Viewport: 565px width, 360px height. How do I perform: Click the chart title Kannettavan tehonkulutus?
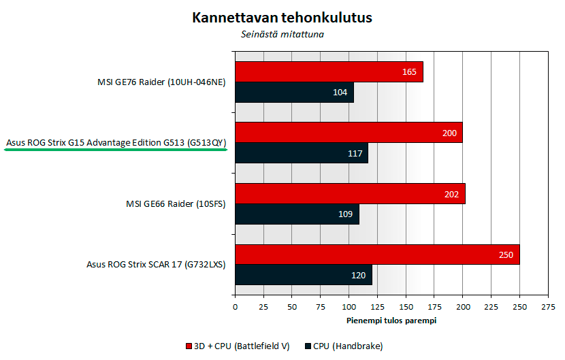[x=282, y=17]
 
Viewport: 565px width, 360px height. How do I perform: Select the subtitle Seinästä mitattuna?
[x=282, y=34]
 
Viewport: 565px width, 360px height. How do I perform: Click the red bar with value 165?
[x=329, y=71]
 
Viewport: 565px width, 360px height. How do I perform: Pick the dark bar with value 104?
[x=294, y=93]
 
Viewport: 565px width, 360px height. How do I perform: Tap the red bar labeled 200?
[x=349, y=133]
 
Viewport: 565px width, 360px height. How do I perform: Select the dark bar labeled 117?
[x=302, y=153]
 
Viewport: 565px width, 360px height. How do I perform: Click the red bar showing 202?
[x=351, y=194]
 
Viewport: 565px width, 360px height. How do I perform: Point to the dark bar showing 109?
[x=297, y=214]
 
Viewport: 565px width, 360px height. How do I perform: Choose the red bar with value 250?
[x=377, y=255]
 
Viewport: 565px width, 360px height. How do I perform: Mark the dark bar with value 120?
[x=304, y=275]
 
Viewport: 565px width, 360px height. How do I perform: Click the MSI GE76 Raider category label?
[x=161, y=82]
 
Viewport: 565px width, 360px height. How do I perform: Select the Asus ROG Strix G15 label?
[x=116, y=143]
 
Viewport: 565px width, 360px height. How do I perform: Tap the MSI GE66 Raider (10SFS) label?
[x=176, y=204]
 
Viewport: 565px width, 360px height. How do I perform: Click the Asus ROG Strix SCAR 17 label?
[x=156, y=265]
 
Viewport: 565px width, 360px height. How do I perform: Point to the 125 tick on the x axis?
[x=378, y=307]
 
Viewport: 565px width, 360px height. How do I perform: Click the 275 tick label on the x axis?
[x=548, y=307]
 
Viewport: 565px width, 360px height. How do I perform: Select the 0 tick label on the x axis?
[x=236, y=307]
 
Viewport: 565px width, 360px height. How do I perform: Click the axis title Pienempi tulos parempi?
[x=391, y=321]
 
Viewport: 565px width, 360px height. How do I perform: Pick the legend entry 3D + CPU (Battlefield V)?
[x=238, y=346]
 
